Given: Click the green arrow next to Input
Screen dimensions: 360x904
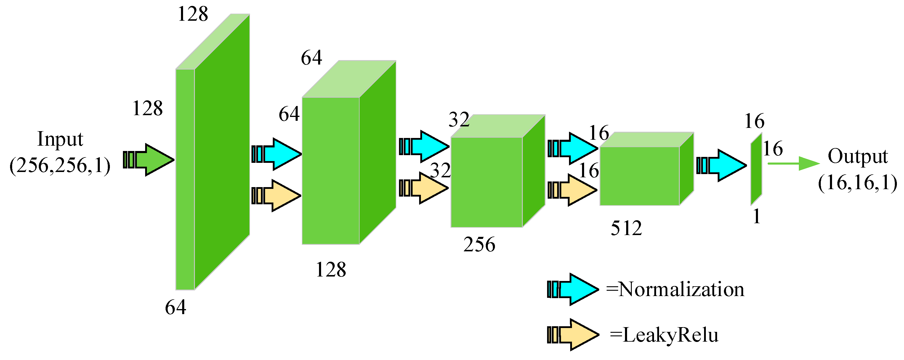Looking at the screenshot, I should (x=149, y=160).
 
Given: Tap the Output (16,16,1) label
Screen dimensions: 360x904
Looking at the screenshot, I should (x=857, y=169).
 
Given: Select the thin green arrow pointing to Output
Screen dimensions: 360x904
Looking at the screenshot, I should (x=793, y=163).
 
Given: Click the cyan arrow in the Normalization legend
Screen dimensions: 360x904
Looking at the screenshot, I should (x=573, y=289).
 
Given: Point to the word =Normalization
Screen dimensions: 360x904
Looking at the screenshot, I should (x=675, y=290).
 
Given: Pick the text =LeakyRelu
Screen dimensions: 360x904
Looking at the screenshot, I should (x=664, y=335).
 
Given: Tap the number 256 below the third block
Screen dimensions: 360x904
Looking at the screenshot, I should (x=479, y=244).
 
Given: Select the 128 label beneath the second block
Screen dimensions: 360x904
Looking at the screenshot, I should (x=331, y=269).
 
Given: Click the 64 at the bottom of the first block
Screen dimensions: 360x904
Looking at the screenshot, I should (x=175, y=307).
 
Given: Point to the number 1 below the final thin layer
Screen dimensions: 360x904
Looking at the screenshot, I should (x=756, y=216).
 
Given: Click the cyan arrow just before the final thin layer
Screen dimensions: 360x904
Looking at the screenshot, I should (x=722, y=165).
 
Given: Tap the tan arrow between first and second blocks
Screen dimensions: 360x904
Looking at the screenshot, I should (x=277, y=195).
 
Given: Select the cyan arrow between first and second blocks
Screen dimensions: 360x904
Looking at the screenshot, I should (x=277, y=154).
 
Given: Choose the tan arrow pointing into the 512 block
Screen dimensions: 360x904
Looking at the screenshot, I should (x=573, y=190).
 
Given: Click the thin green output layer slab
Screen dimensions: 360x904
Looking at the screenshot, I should (x=756, y=169).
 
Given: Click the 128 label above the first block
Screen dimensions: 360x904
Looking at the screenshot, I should (x=193, y=15).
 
